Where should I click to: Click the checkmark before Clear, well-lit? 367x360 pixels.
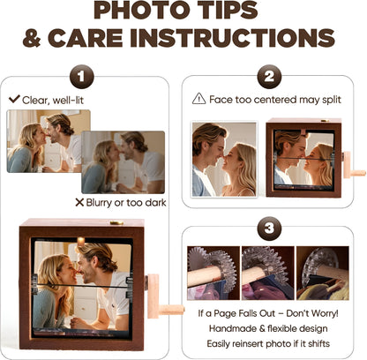(x=13, y=99)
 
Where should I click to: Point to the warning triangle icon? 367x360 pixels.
(x=199, y=99)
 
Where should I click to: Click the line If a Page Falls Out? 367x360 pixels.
(x=273, y=313)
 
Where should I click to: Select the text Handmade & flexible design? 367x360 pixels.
(x=273, y=328)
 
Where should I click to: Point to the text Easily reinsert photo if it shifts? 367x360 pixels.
(x=273, y=343)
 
